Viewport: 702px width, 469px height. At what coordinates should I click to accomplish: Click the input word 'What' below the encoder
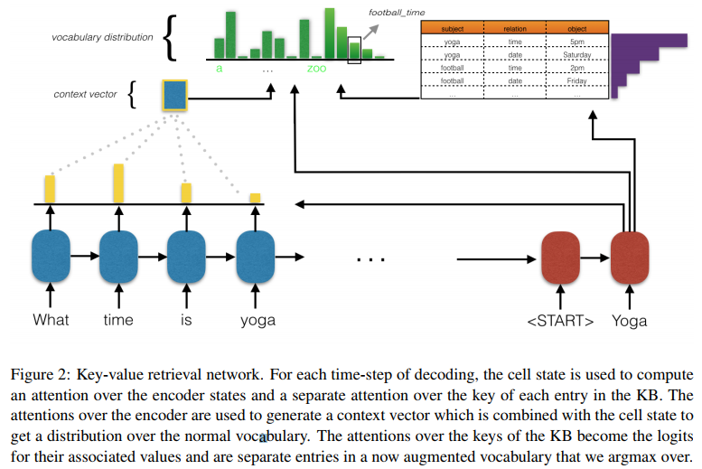(x=51, y=320)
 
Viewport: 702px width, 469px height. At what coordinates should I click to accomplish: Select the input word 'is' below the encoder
(x=186, y=320)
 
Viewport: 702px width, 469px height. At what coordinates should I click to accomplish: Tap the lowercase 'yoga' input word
(x=257, y=320)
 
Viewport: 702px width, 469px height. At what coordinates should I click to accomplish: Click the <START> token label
(x=561, y=321)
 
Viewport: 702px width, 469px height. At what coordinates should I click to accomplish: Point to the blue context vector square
(x=174, y=95)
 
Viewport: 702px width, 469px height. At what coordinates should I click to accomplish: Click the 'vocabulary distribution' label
(x=102, y=37)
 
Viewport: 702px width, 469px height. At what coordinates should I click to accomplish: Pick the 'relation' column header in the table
(x=515, y=29)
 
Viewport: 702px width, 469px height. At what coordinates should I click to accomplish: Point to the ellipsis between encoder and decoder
(x=370, y=259)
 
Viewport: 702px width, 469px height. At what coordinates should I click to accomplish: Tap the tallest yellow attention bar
(x=118, y=183)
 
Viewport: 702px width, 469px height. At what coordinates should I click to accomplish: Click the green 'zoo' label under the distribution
(x=316, y=68)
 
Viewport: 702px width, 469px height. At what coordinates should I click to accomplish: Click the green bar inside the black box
(x=354, y=52)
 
